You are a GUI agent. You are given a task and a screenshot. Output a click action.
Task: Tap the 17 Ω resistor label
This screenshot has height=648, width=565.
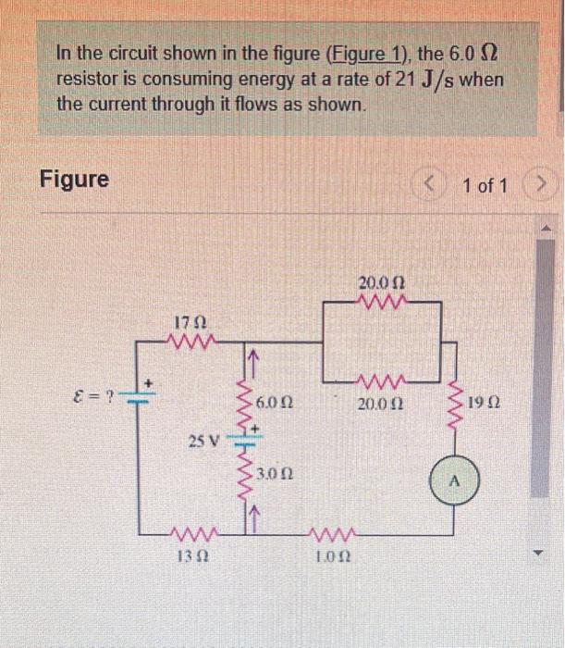189,322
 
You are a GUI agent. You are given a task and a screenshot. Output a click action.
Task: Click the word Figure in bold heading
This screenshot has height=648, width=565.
74,179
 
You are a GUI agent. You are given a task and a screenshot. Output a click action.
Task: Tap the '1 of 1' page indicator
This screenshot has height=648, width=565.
485,185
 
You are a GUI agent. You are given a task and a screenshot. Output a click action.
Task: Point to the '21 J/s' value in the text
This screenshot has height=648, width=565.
434,80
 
